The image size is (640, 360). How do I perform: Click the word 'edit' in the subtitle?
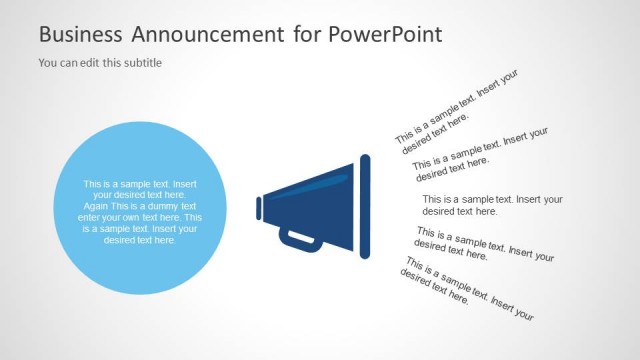[x=93, y=63]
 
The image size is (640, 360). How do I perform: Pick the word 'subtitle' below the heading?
[x=141, y=63]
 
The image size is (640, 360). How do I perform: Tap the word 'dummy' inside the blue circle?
[x=174, y=206]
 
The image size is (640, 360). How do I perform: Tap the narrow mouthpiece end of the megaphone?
[x=259, y=208]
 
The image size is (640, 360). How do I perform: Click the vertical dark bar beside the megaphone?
[x=365, y=208]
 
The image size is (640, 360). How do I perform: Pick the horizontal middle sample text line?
[x=491, y=205]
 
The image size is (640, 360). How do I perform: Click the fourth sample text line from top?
[x=483, y=246]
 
